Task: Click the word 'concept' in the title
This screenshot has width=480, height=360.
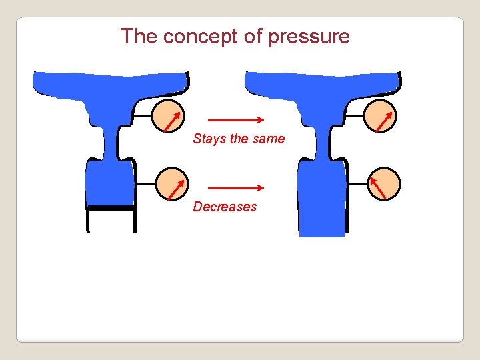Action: pyautogui.click(x=201, y=37)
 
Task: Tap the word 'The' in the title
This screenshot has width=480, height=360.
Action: pyautogui.click(x=138, y=37)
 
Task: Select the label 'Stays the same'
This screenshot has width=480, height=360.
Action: pyautogui.click(x=239, y=139)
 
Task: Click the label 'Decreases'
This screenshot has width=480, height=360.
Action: pyautogui.click(x=225, y=207)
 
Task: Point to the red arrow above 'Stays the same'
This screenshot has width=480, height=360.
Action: pyautogui.click(x=237, y=121)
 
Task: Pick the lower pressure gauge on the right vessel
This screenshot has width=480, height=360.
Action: pyautogui.click(x=384, y=183)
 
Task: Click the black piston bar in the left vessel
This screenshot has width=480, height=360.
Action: pyautogui.click(x=111, y=207)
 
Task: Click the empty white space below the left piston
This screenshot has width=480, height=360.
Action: pyautogui.click(x=111, y=221)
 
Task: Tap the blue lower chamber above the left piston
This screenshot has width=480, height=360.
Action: pyautogui.click(x=111, y=183)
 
